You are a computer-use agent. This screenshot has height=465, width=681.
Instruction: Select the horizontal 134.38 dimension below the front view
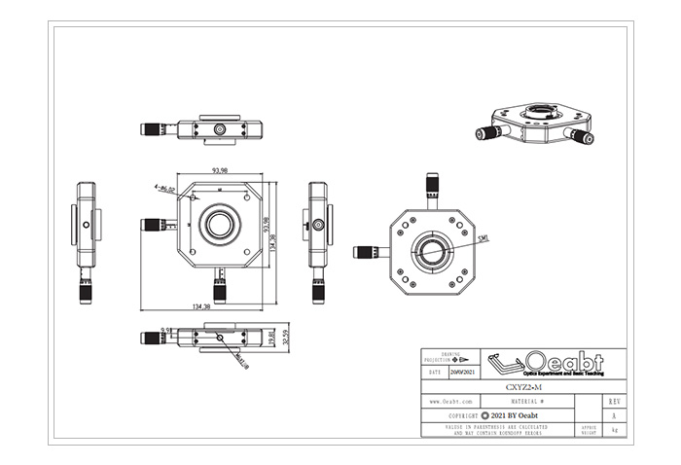202,306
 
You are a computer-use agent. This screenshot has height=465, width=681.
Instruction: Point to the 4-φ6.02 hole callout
163,189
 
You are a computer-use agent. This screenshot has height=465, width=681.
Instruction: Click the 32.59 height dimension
286,339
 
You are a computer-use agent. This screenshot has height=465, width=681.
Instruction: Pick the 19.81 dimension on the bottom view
271,339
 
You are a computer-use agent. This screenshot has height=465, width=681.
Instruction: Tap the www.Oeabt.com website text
450,401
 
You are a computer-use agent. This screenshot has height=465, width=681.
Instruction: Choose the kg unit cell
613,429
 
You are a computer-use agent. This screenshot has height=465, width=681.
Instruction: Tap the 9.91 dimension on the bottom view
166,330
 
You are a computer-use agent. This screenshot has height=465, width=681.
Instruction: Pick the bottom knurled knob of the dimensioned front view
219,289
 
